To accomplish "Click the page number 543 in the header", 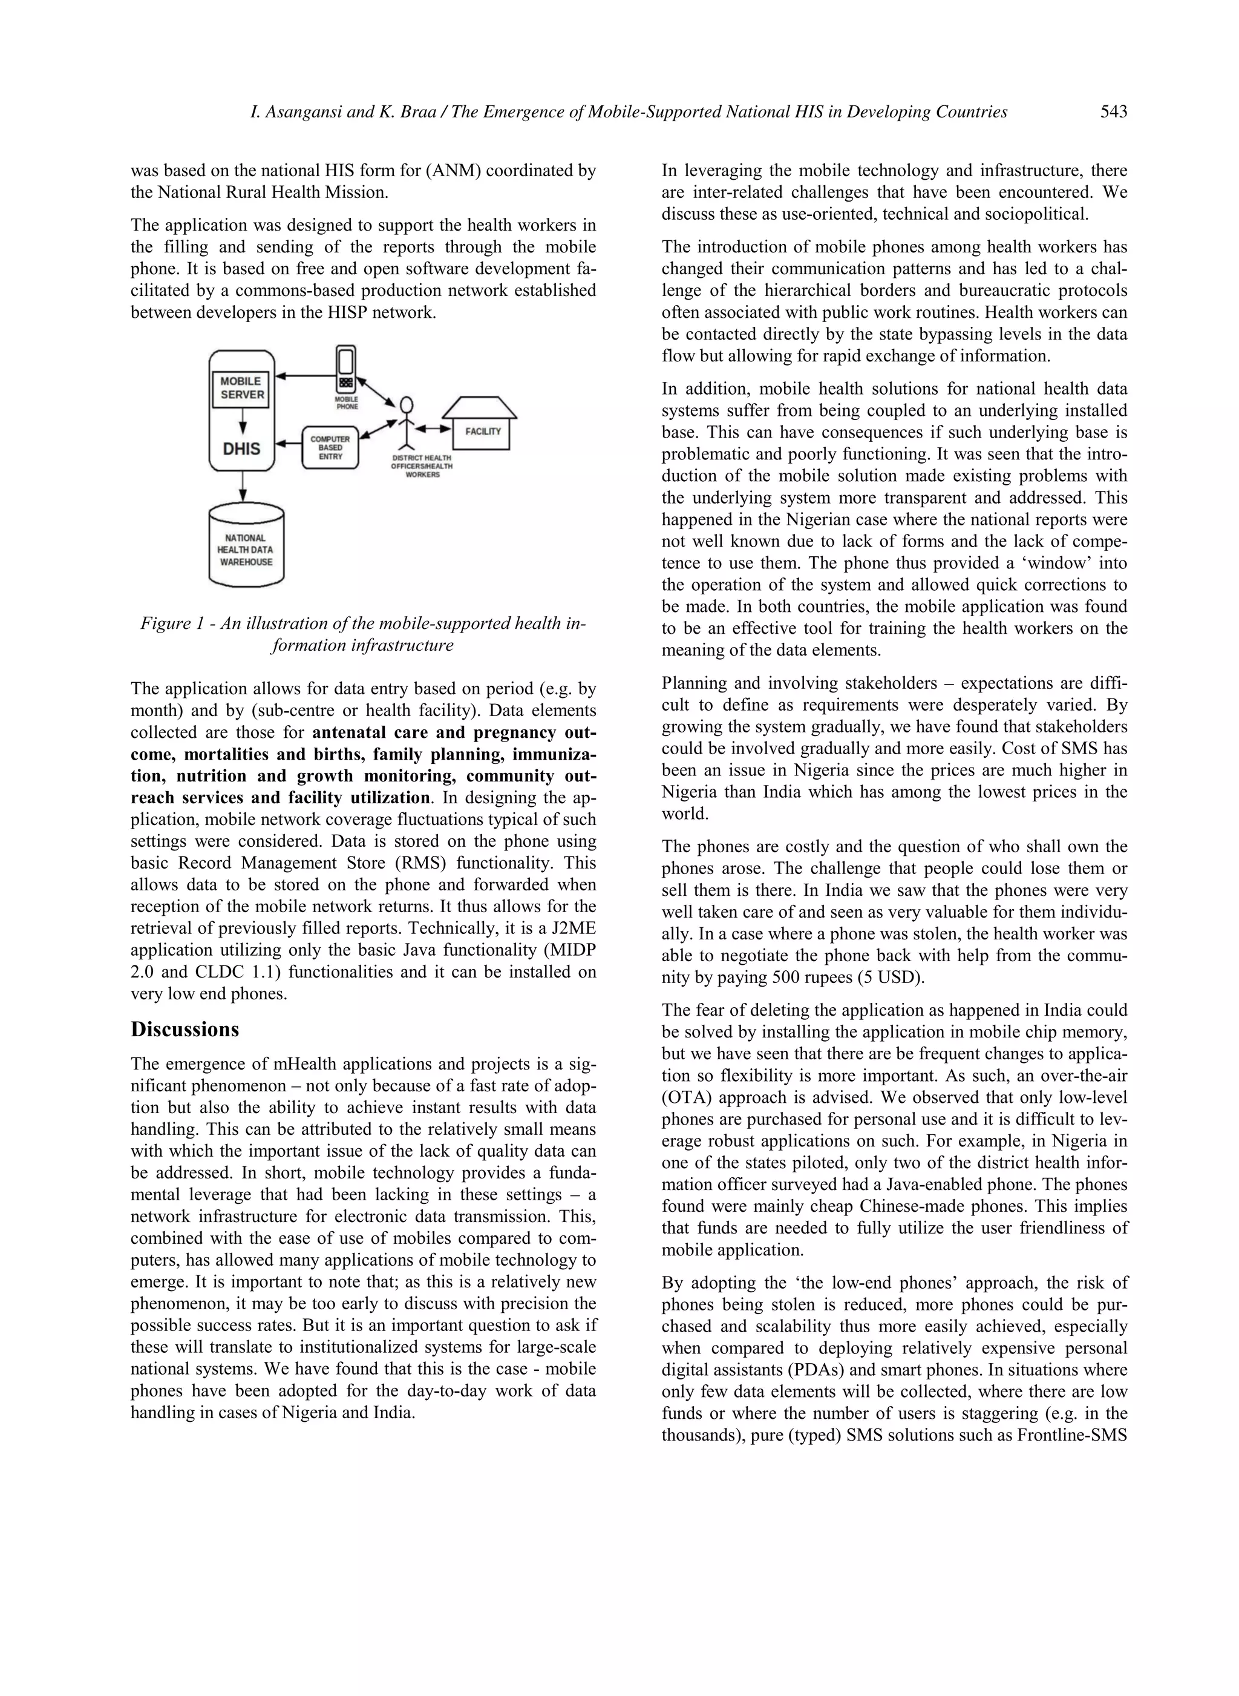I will (1114, 113).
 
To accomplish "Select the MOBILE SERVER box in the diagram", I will (241, 388).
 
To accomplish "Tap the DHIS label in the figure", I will (241, 449).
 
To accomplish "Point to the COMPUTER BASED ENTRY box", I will (330, 447).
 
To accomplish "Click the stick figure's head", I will (407, 406).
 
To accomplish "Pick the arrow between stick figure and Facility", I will (434, 429).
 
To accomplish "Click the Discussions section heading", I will (185, 1029).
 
